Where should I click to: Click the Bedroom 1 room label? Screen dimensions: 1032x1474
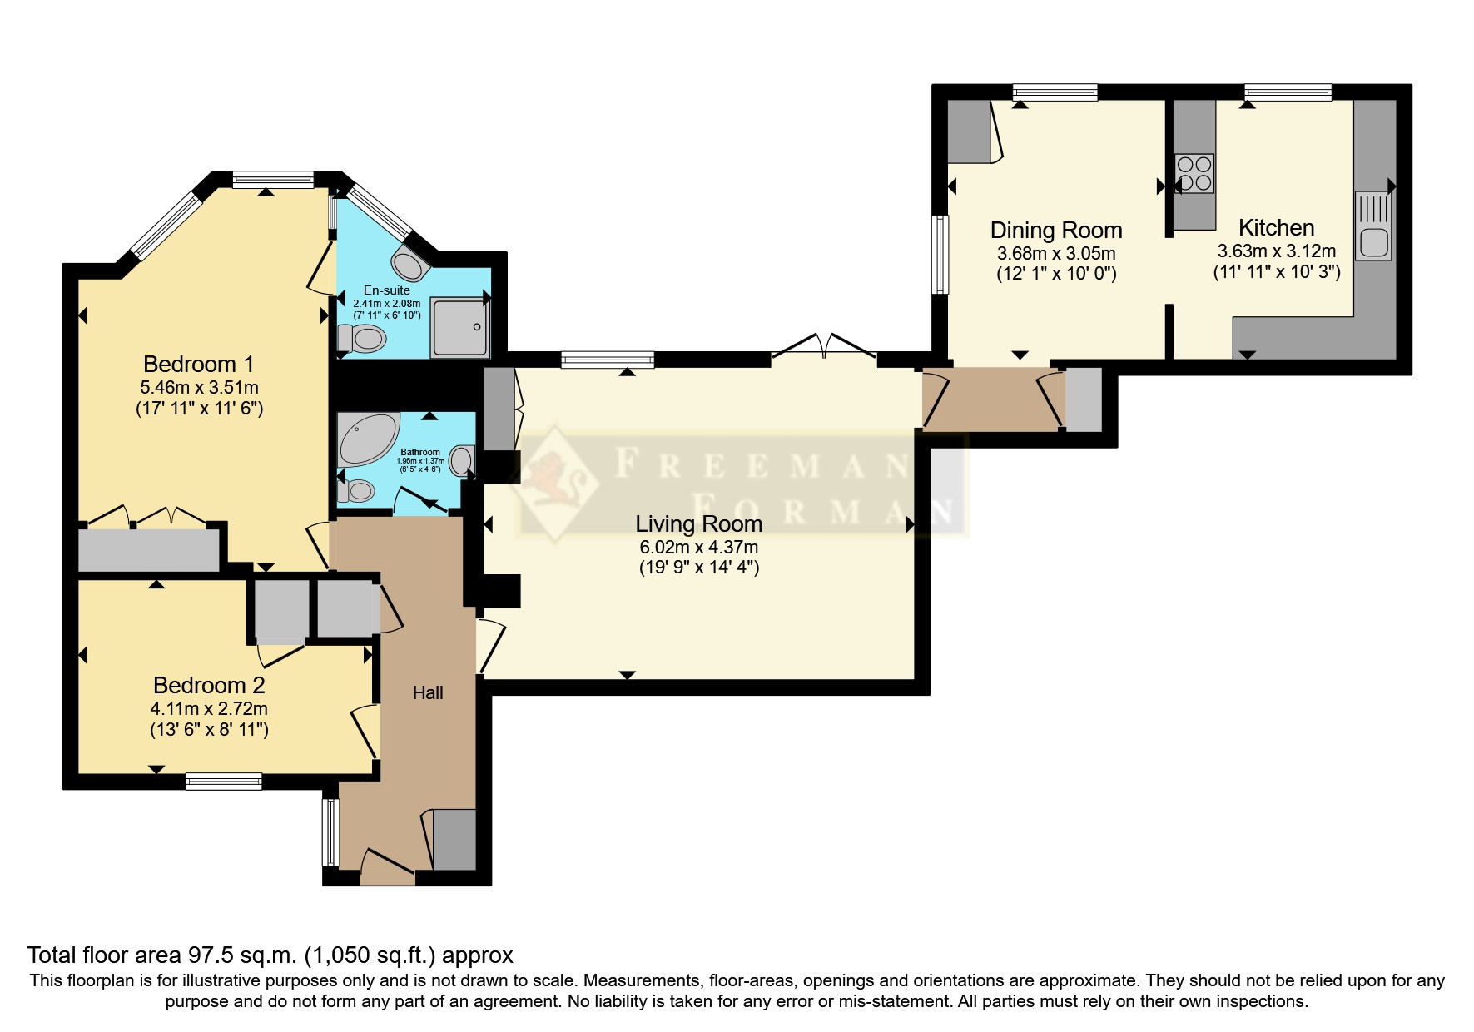coord(198,365)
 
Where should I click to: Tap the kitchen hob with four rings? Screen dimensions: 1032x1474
coord(1194,174)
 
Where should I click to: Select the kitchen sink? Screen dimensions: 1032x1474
coord(1373,226)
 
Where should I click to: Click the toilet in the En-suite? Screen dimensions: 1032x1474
coord(363,339)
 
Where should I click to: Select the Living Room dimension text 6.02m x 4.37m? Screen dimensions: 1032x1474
coord(698,548)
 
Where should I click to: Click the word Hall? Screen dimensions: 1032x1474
coord(428,692)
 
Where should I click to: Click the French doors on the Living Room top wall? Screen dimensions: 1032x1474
coord(824,348)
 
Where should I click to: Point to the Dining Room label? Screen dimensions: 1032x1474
coord(1055,231)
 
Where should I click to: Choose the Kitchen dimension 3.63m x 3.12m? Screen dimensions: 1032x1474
coord(1276,251)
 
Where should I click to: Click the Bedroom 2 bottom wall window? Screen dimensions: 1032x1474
coord(223,781)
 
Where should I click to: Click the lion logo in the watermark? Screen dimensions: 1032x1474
coord(554,482)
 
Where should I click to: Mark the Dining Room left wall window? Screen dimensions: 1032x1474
coord(940,255)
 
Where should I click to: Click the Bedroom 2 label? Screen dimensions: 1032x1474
coord(209,686)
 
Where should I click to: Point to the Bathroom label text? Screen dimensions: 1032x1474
coord(420,452)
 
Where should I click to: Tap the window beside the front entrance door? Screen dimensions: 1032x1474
coord(330,832)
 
